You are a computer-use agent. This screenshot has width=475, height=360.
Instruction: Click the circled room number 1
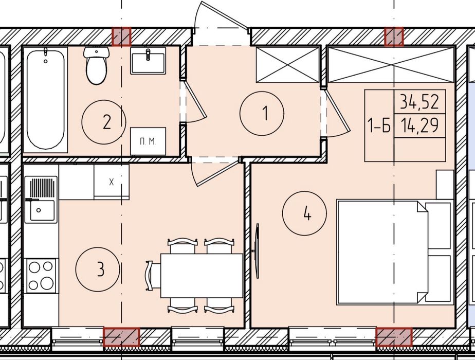point(262,113)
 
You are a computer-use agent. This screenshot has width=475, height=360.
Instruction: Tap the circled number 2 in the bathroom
point(104,122)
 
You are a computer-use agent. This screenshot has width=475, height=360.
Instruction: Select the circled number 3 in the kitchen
point(98,269)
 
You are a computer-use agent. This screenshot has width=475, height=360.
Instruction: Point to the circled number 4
point(304,213)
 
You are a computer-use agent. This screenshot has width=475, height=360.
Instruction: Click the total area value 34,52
point(419,102)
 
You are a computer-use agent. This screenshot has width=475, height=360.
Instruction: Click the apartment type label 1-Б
point(379,125)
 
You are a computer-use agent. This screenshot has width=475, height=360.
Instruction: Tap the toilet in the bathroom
point(96,65)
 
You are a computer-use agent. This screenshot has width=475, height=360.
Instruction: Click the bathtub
point(45,100)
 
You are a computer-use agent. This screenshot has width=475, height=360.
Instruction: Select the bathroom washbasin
point(148,61)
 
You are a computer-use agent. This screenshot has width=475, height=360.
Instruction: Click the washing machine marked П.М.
point(148,141)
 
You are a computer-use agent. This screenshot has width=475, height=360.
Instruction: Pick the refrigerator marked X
point(112,182)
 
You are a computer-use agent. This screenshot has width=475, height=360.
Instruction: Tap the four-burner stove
point(41,276)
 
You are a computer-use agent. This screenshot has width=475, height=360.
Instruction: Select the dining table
point(202,276)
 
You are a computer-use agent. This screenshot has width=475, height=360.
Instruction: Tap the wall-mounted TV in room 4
point(257,251)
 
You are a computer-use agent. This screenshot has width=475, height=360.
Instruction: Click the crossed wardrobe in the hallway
point(288,64)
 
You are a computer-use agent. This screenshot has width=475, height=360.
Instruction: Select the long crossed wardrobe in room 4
point(391,64)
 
